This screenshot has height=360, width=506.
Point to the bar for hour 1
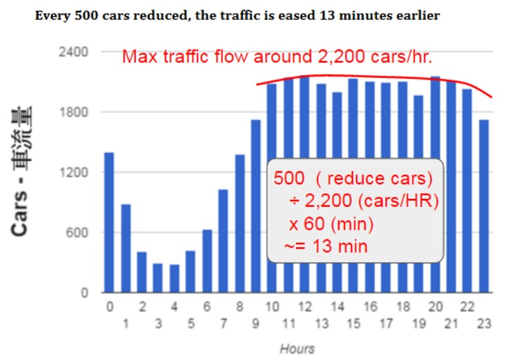point(125,249)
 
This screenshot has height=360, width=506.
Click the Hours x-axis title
point(297,348)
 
